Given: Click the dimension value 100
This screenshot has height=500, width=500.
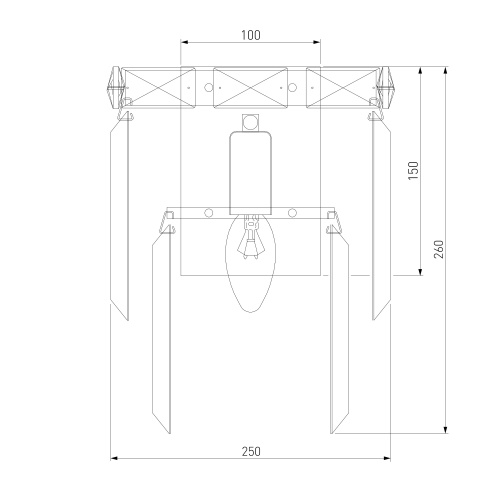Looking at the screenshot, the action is point(251,35).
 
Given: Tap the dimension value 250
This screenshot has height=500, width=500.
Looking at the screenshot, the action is point(251,452).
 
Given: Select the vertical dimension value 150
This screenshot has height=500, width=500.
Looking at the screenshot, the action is point(413,171).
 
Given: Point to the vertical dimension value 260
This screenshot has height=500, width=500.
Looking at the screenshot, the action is point(439,249).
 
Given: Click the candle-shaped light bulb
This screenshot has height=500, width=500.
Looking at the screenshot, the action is point(251,263).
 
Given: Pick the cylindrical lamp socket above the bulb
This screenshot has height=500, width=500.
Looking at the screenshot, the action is point(251,173).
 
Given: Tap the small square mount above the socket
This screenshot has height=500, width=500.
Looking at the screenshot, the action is point(251,123).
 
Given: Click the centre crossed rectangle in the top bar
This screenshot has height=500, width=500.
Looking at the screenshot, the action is point(250,88).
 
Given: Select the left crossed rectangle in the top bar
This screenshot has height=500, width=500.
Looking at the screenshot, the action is point(158,88).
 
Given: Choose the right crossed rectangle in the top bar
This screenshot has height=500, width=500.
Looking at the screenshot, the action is point(343,88).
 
